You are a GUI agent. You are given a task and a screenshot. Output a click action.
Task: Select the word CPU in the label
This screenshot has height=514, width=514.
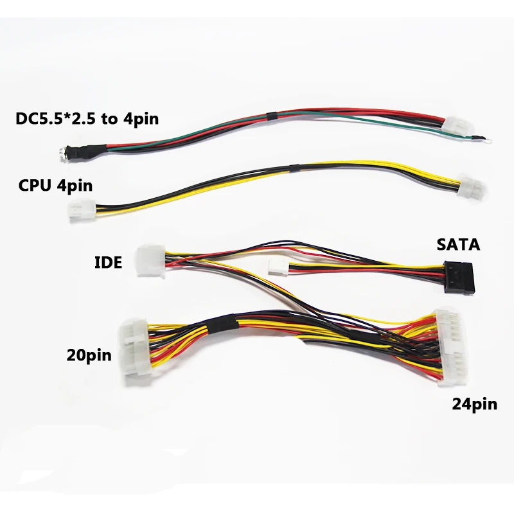[x=33, y=186]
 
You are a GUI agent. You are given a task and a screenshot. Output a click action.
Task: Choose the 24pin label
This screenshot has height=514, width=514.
[x=474, y=404]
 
